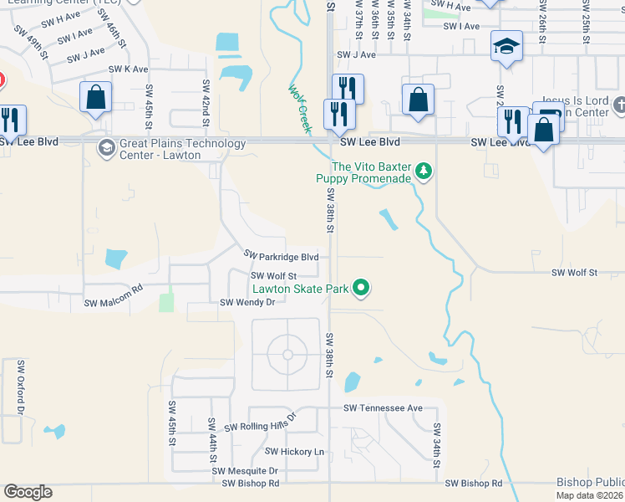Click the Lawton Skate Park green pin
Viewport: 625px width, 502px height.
[x=361, y=289]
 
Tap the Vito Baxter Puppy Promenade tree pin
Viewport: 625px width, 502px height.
[x=424, y=172]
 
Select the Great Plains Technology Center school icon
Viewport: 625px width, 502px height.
[x=106, y=149]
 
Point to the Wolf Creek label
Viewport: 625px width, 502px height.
[x=299, y=108]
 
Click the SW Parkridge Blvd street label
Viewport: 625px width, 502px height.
[x=281, y=255]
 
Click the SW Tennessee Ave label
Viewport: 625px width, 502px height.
[x=384, y=407]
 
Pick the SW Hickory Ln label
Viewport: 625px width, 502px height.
[x=294, y=451]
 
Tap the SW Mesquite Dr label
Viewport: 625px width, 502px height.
[x=245, y=471]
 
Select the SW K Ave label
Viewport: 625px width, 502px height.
[x=128, y=69]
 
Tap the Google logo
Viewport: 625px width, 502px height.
[x=28, y=492]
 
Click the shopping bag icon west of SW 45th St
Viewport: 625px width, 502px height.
[x=96, y=97]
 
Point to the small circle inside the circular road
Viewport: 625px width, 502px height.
[x=287, y=355]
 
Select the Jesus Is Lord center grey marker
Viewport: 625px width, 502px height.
[x=618, y=105]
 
